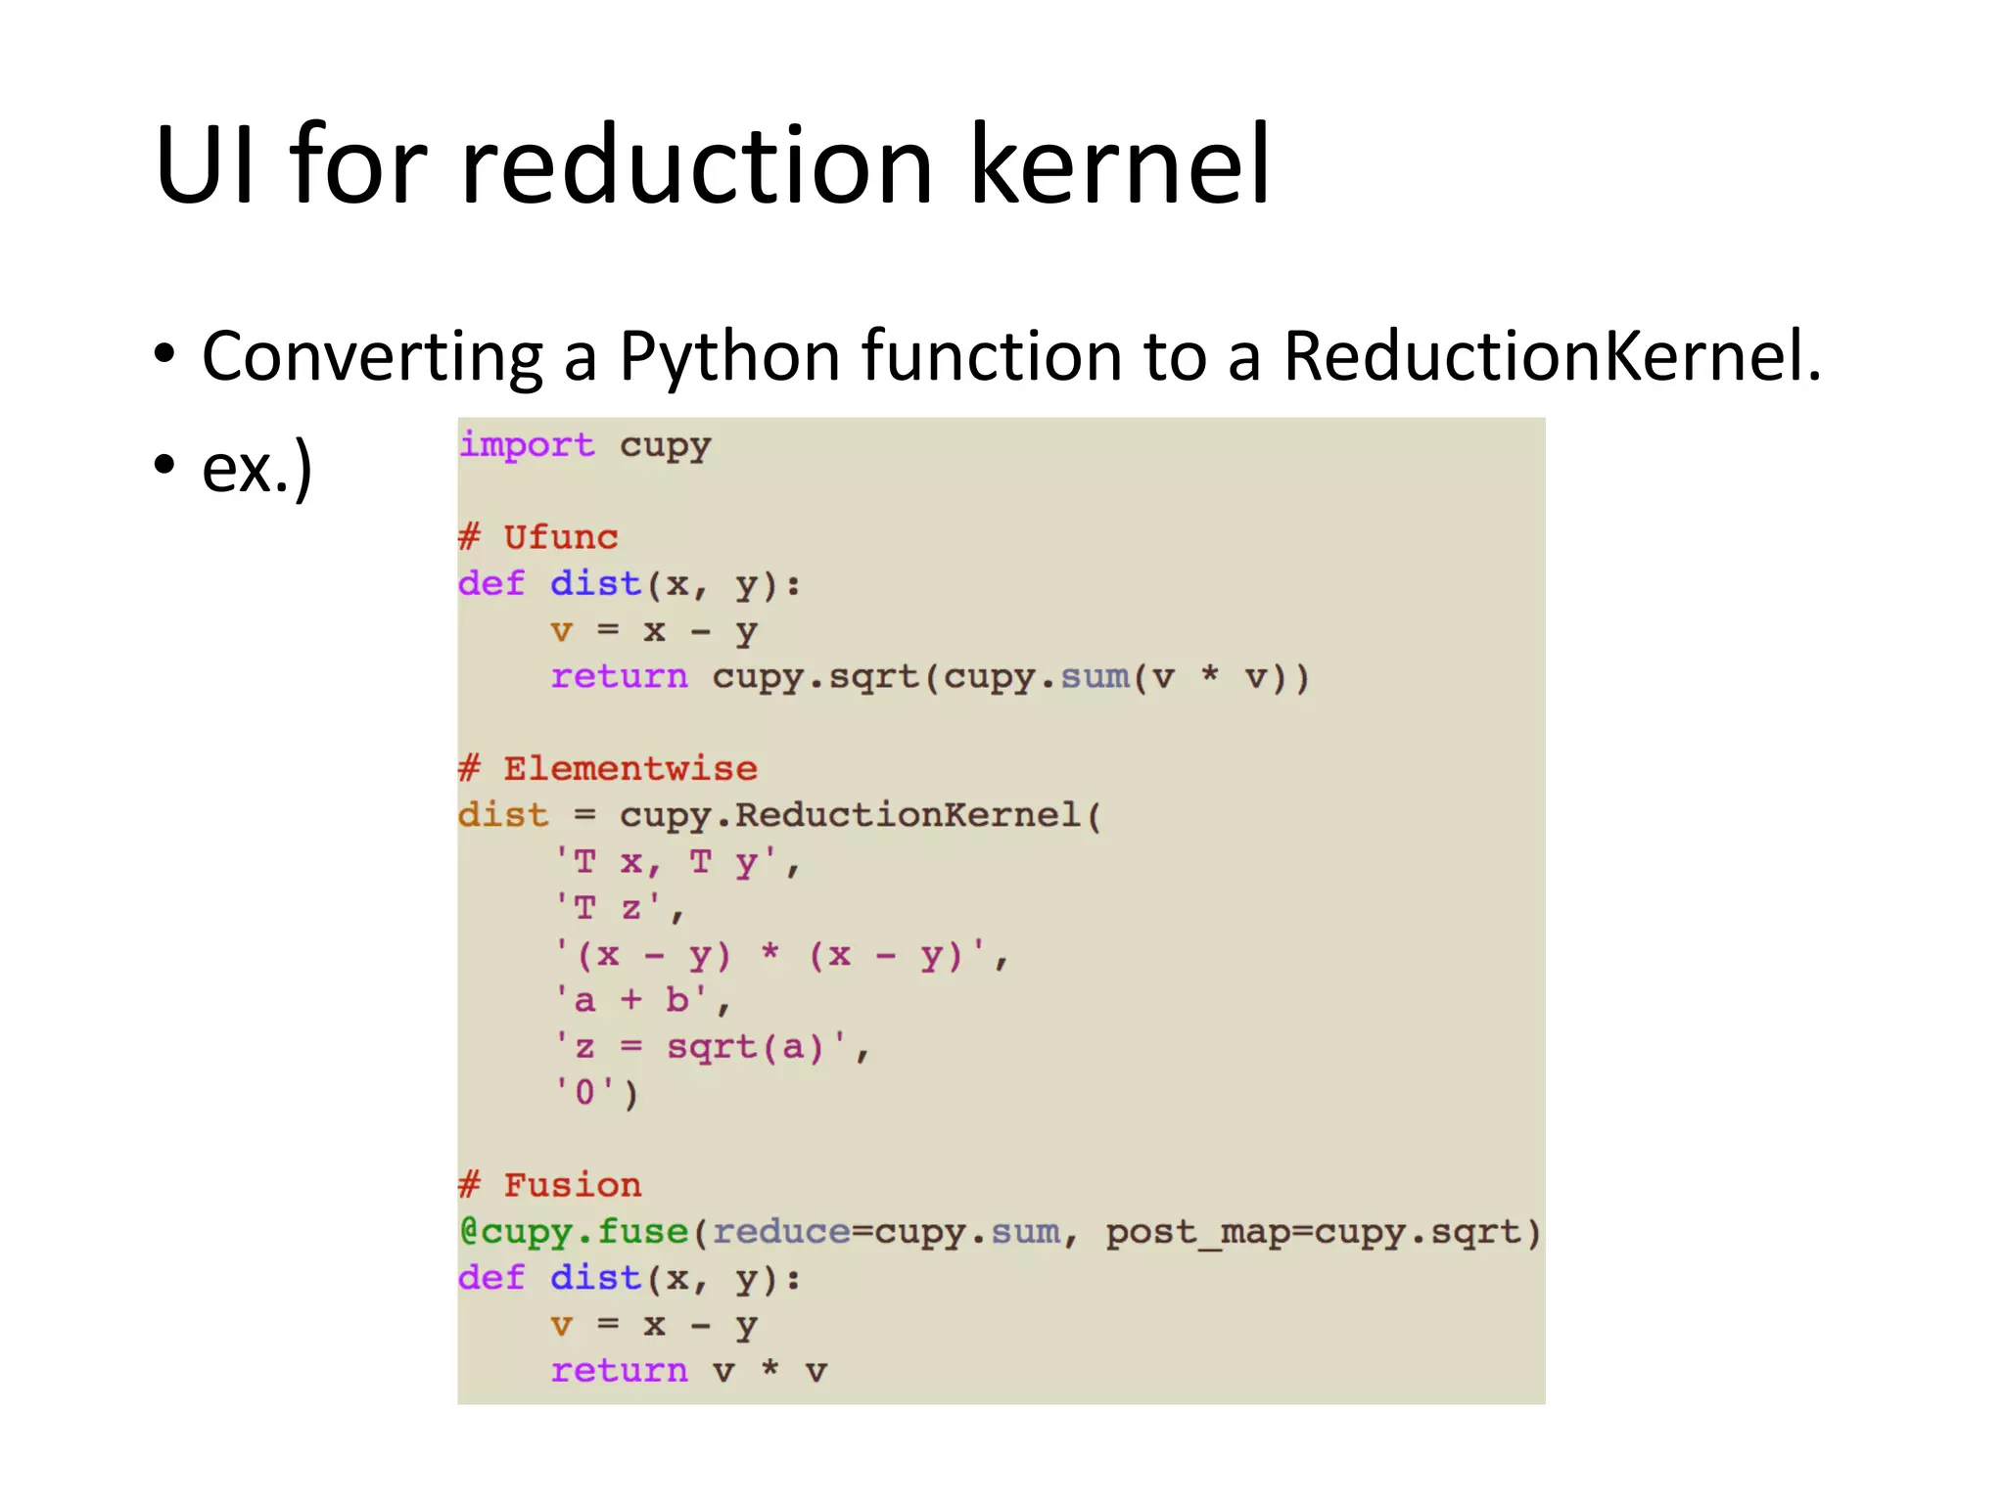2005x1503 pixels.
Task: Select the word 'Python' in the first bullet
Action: (x=728, y=356)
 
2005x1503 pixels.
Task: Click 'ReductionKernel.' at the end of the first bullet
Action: (x=1552, y=356)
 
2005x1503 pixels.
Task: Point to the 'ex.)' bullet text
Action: (x=256, y=469)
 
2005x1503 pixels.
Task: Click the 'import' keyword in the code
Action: (x=527, y=445)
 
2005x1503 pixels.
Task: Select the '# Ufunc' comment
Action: (x=538, y=537)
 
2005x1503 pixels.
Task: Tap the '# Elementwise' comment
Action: (x=608, y=769)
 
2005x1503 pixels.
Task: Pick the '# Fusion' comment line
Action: (x=550, y=1185)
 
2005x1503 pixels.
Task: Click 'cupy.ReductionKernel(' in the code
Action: (x=861, y=815)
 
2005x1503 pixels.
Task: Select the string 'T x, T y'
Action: (x=676, y=862)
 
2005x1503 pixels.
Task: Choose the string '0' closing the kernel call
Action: (x=584, y=1092)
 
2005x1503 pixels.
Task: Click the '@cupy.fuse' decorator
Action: (x=574, y=1232)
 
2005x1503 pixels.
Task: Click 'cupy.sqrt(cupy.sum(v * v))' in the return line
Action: (x=1009, y=677)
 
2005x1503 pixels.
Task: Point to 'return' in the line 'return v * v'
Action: (x=619, y=1371)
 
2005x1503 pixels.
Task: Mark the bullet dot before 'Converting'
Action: (x=164, y=354)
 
